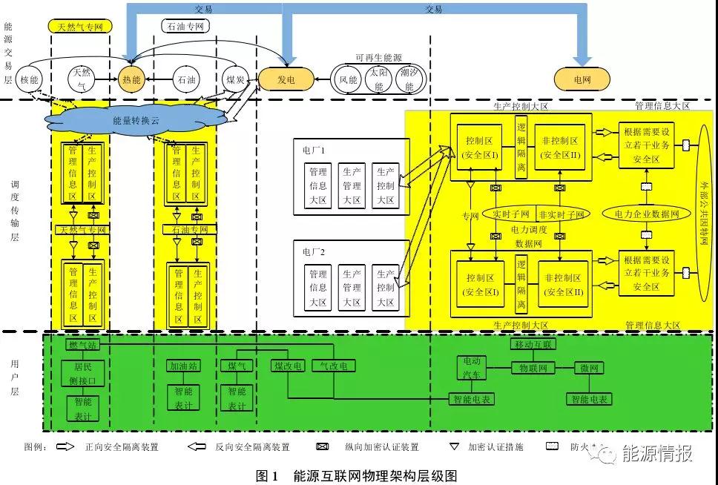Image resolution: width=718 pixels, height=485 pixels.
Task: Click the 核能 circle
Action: click(x=29, y=79)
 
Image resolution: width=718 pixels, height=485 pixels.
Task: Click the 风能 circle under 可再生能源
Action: click(x=349, y=79)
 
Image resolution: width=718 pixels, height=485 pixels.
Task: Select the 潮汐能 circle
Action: click(x=406, y=79)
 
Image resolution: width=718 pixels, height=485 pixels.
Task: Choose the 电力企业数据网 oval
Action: click(x=646, y=214)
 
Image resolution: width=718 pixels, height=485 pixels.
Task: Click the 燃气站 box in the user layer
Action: click(x=82, y=345)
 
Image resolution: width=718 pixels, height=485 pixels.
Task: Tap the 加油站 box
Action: click(x=182, y=366)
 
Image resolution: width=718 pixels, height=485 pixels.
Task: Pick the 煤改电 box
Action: click(x=288, y=366)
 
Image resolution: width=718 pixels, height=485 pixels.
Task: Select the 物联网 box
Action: click(x=533, y=368)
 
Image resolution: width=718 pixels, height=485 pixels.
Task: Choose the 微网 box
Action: click(x=590, y=368)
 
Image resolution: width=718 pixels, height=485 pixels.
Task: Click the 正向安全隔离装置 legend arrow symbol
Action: click(x=66, y=447)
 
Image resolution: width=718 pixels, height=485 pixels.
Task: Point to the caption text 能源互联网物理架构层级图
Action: click(x=375, y=475)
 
